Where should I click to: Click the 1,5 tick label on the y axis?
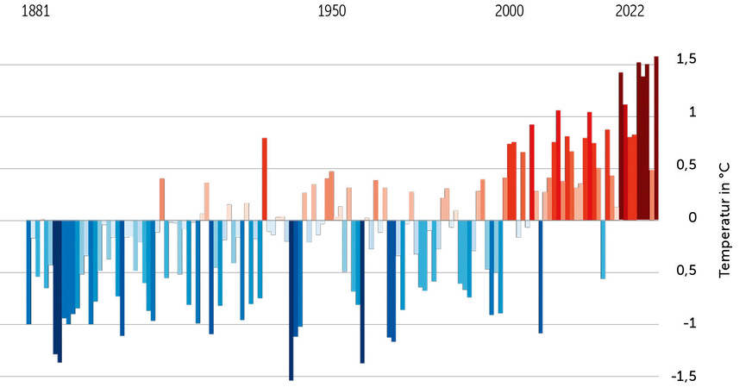(687, 59)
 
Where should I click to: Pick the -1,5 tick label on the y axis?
(685, 376)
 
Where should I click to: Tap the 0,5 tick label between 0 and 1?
(687, 165)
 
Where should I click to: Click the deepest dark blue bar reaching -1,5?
(291, 299)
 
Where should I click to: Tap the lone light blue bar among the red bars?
(603, 249)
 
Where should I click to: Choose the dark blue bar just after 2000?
(541, 276)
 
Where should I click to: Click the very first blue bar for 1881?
(28, 272)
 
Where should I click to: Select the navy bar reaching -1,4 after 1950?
(362, 291)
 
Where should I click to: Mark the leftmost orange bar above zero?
(162, 199)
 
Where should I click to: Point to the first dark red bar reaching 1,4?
(621, 146)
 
